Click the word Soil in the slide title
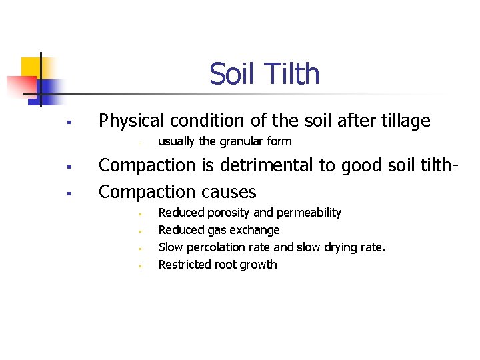[229, 74]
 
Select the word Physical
[130, 121]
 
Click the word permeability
[308, 213]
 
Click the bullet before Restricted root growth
[141, 266]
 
